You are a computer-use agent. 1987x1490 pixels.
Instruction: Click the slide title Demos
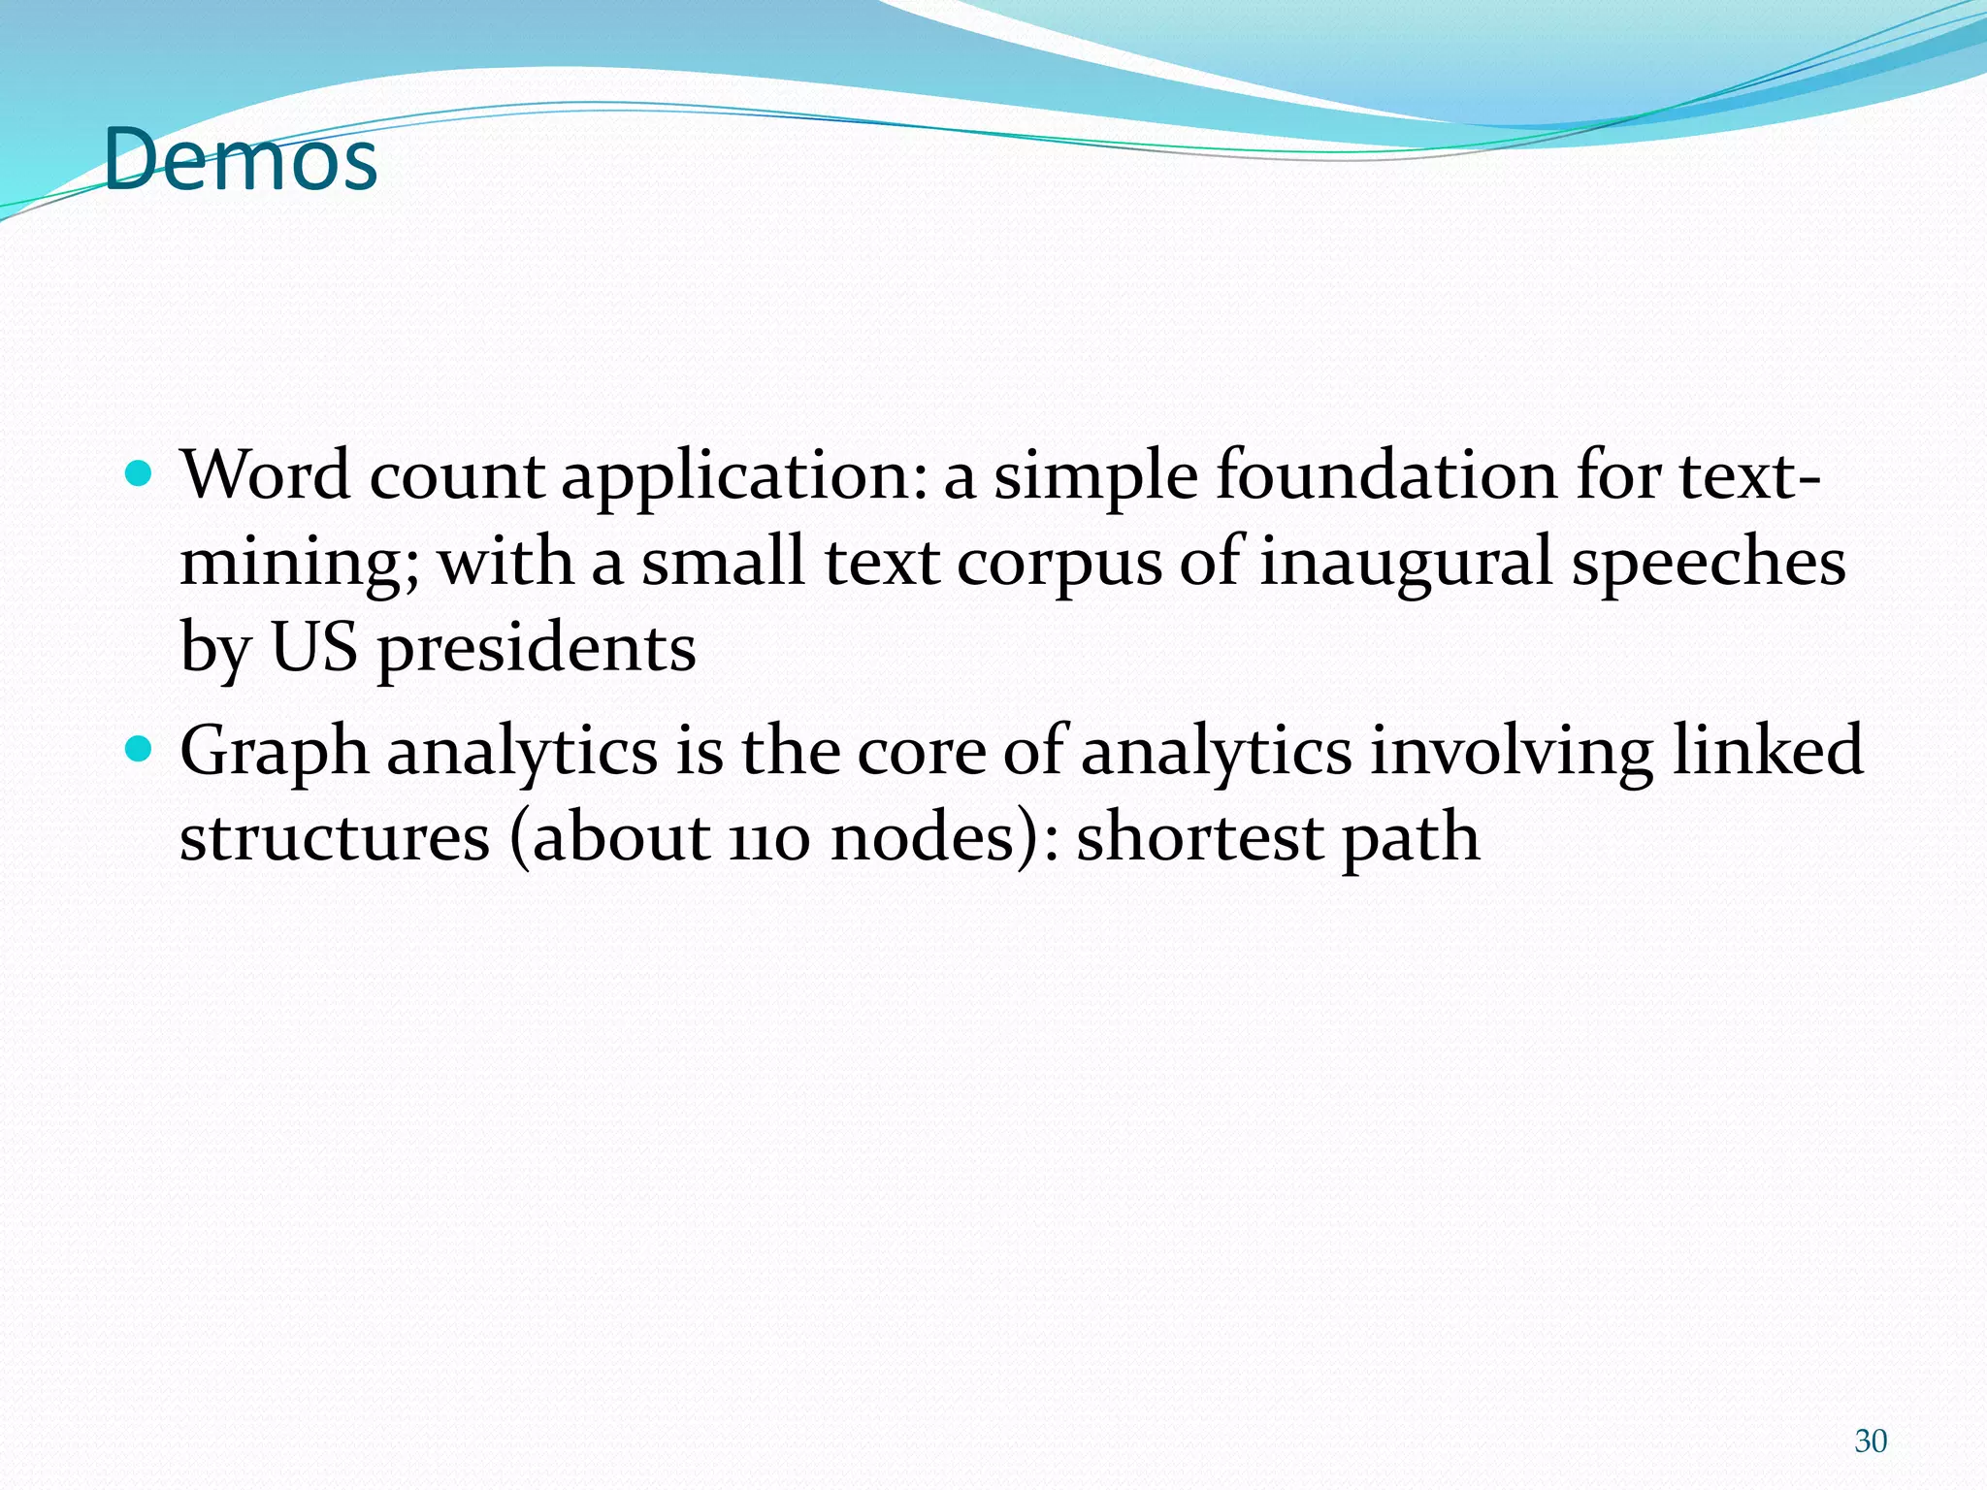tap(240, 159)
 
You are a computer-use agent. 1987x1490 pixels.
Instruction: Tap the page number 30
tap(1870, 1441)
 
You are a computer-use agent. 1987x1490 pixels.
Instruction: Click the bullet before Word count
tap(141, 475)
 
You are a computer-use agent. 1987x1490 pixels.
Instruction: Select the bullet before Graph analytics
tap(141, 749)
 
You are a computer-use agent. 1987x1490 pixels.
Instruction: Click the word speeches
tap(1708, 562)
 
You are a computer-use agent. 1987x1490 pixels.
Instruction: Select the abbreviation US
tap(313, 647)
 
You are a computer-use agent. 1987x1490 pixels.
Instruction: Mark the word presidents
tap(537, 649)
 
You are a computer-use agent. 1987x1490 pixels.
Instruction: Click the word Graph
tap(275, 753)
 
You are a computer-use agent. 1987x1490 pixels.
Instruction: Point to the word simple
tap(1095, 477)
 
